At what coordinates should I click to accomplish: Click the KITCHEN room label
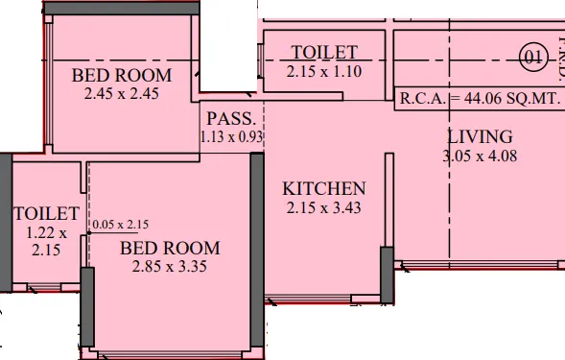pos(324,189)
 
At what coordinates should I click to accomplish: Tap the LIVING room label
pos(480,136)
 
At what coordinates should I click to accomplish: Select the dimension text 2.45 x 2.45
pos(122,94)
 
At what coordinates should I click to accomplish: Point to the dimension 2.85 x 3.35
pos(170,267)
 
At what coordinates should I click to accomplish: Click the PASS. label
pos(231,119)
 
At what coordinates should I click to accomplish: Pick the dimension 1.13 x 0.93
pos(232,137)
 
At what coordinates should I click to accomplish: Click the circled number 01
pos(533,58)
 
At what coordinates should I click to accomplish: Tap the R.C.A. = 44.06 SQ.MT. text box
pos(480,99)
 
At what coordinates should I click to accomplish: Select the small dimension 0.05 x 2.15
pos(120,225)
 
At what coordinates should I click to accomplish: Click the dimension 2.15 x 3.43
pos(323,207)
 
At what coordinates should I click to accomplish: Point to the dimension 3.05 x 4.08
pos(480,156)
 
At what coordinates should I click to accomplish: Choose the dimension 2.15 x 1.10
pos(324,71)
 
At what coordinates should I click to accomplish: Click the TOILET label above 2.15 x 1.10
pos(324,53)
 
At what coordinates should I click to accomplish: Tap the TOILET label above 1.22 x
pos(46,213)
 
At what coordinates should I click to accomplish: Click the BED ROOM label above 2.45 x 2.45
pos(122,76)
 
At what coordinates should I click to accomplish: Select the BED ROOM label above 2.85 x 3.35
pos(170,249)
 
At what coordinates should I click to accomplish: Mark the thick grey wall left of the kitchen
pos(257,250)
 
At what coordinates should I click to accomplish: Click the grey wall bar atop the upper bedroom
pos(122,9)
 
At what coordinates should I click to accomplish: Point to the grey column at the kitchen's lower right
pos(387,275)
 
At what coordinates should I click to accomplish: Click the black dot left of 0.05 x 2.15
pos(89,233)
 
